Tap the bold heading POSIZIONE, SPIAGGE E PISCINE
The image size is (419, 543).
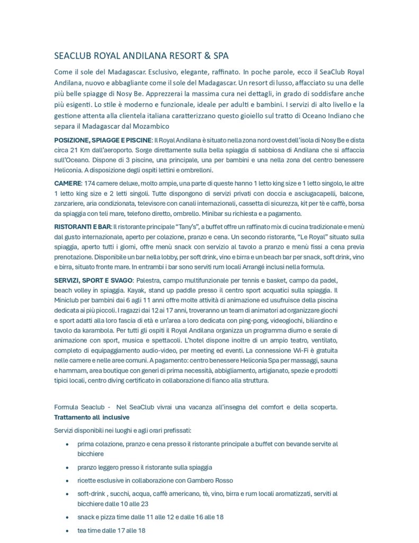[x=103, y=139]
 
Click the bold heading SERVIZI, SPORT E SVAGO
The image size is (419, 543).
[x=93, y=280]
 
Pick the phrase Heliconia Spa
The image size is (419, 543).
[x=244, y=361]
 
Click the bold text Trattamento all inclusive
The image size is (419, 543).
[x=88, y=417]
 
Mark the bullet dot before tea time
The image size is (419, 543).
[x=66, y=530]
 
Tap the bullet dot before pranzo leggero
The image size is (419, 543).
[x=66, y=468]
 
